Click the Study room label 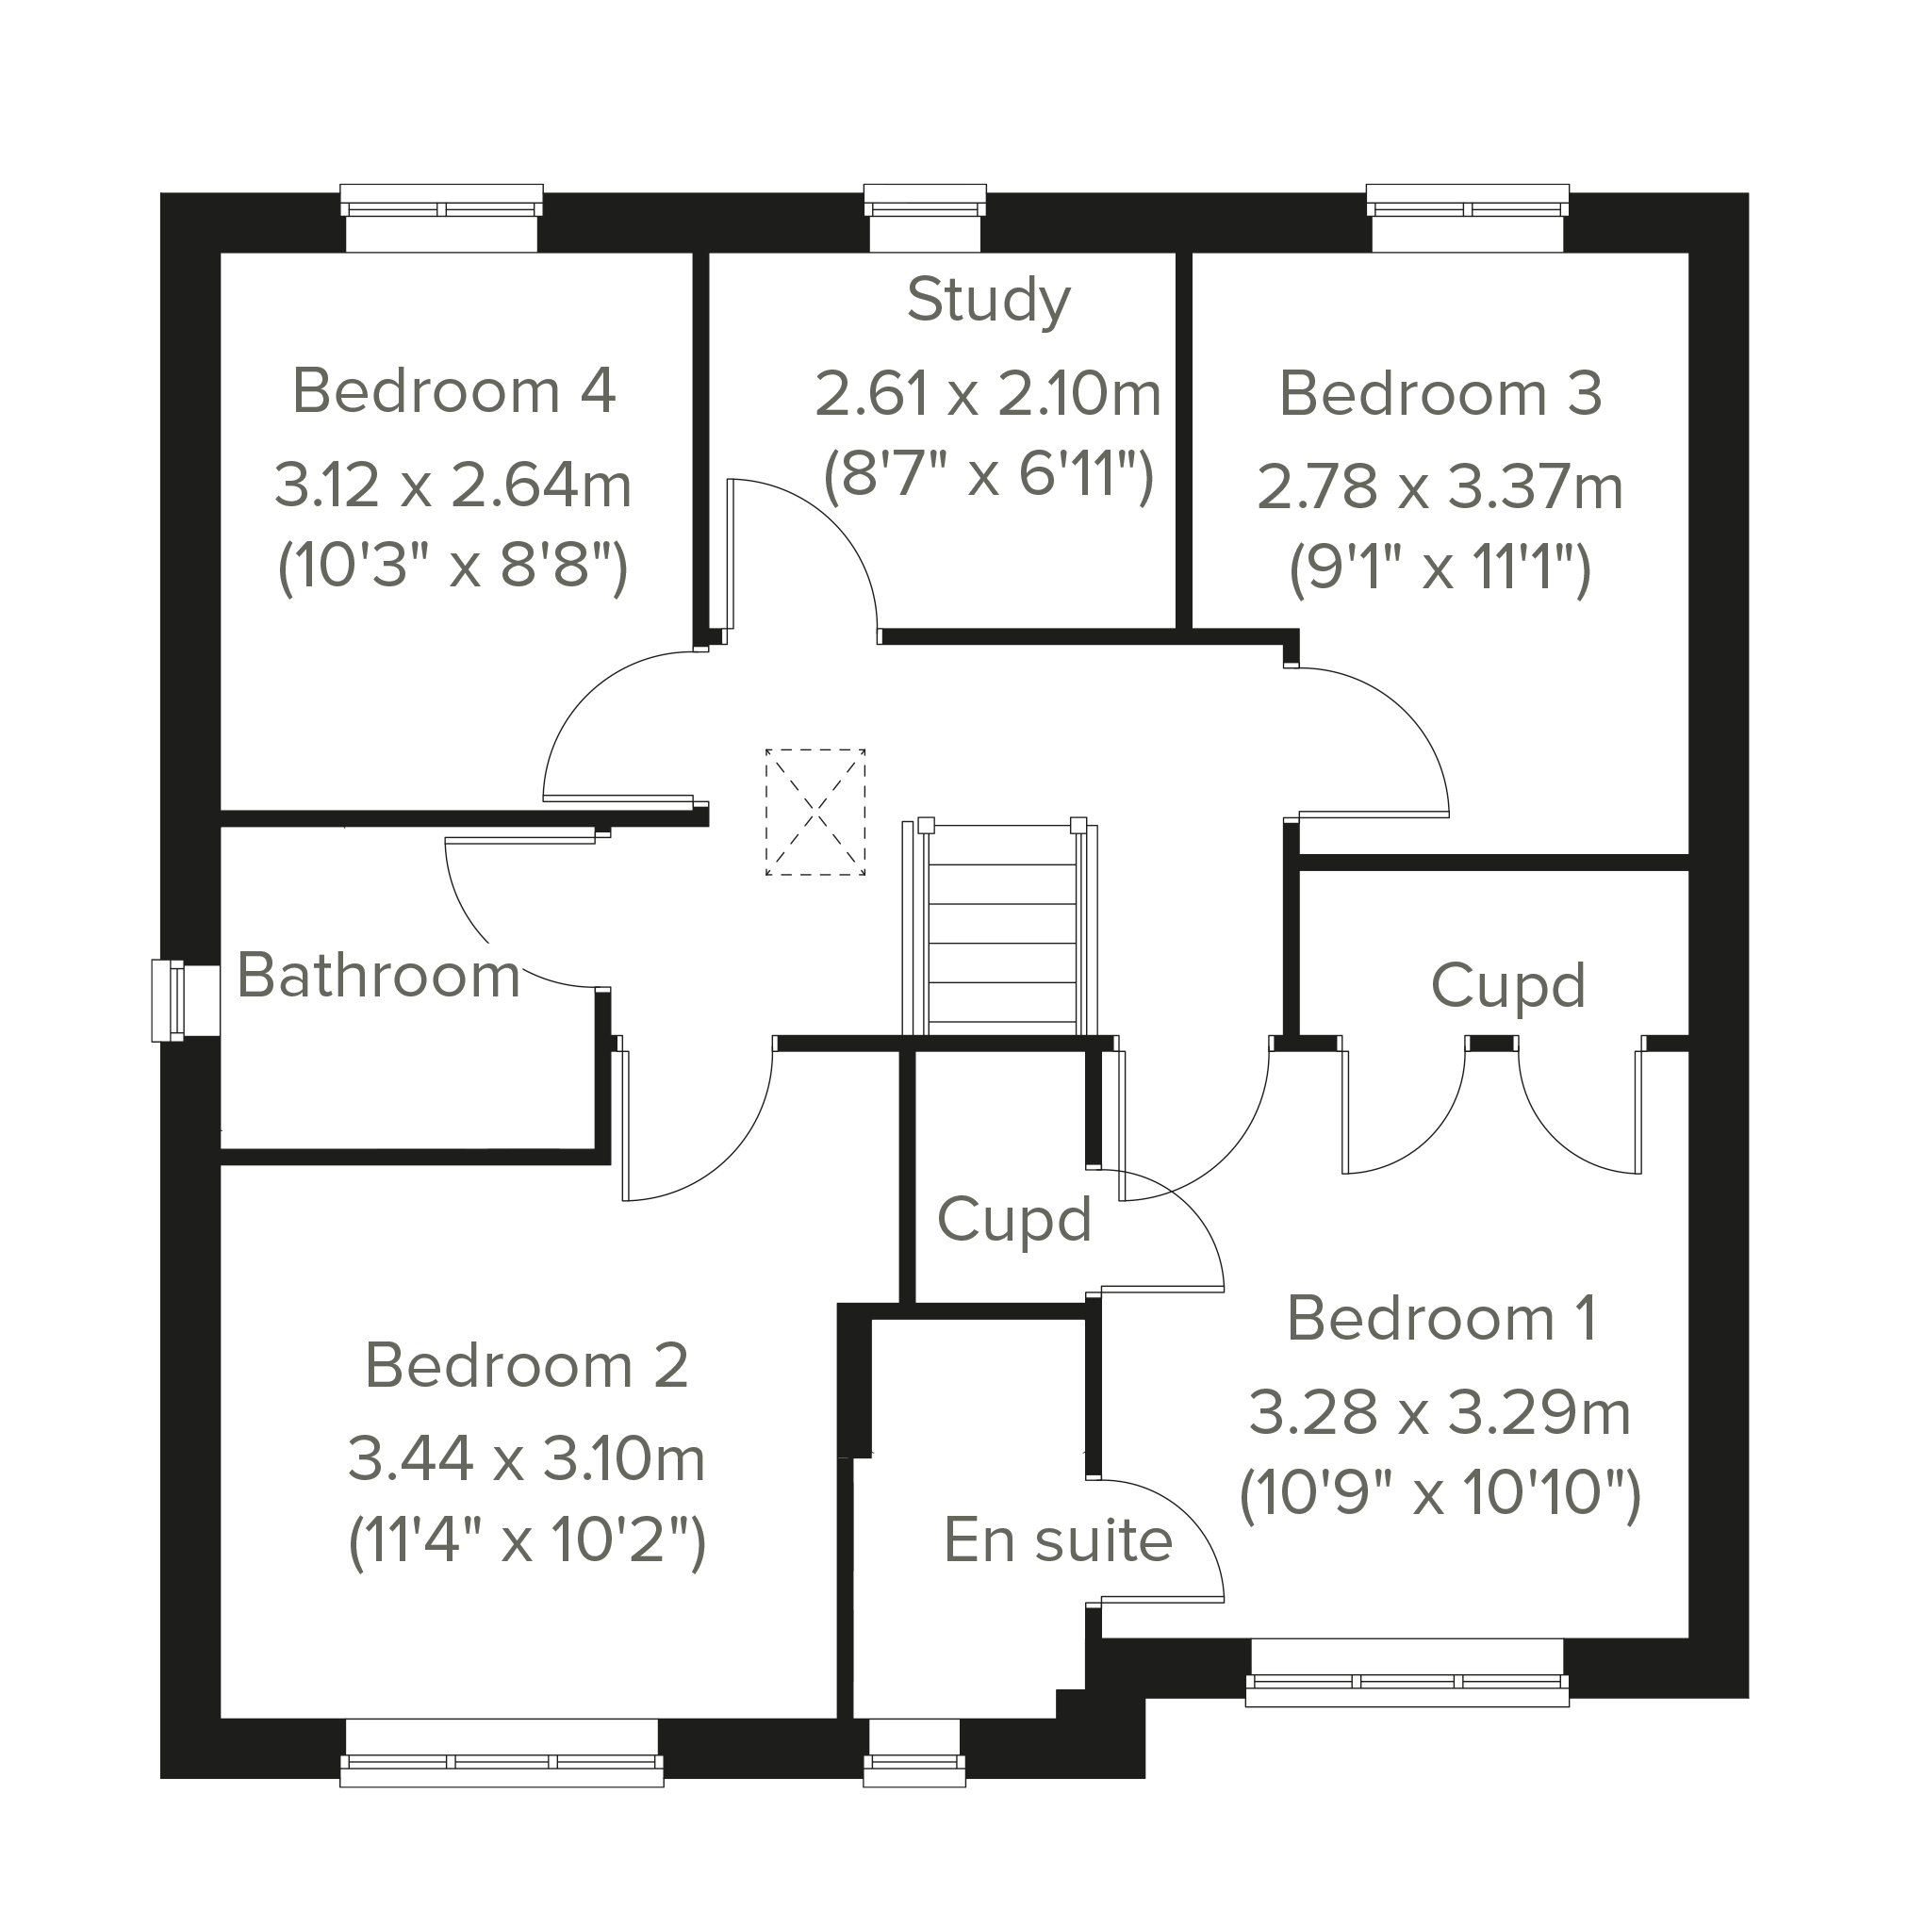tap(989, 301)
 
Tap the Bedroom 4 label tap(453, 390)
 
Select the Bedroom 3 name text tap(1440, 393)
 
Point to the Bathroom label tap(378, 976)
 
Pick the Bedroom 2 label tap(527, 1366)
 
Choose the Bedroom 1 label tap(1441, 1318)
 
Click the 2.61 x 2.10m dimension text tap(988, 393)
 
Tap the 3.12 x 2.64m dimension tap(453, 485)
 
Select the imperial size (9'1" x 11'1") tap(1440, 569)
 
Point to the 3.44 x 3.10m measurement tap(527, 1459)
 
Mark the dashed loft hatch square tap(816, 813)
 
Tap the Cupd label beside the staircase tap(1013, 1221)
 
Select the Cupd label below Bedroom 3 tap(1507, 987)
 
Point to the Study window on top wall tap(925, 218)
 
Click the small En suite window tap(914, 1752)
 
